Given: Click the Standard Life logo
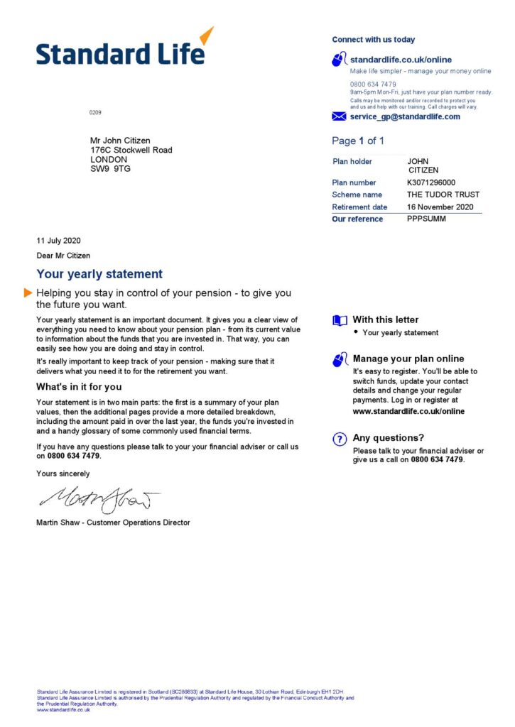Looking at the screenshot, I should [x=124, y=50].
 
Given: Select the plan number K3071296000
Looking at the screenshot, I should [x=432, y=182].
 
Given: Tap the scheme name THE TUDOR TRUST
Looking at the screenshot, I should [x=443, y=195].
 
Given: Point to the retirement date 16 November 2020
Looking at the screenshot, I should [x=440, y=207].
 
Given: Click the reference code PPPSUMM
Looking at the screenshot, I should [x=425, y=219].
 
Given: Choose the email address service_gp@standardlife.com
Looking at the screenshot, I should [x=405, y=116].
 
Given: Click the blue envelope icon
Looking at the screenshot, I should [x=339, y=116].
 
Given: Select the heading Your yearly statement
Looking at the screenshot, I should [x=99, y=274].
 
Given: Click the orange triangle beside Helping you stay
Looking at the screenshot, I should [x=28, y=293].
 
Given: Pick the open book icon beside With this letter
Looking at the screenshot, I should [x=340, y=320].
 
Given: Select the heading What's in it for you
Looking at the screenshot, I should [x=79, y=387].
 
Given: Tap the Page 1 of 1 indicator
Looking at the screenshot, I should [x=358, y=141].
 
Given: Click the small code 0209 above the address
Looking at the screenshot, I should [x=95, y=113].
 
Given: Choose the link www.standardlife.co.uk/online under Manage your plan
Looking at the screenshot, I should [x=408, y=411].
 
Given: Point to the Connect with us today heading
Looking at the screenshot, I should [x=373, y=40].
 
